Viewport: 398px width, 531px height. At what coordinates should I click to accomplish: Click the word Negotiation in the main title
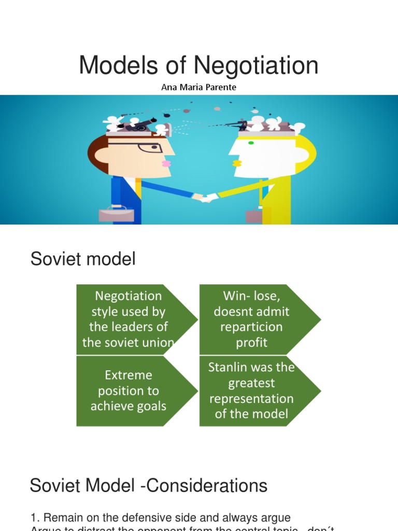point(256,66)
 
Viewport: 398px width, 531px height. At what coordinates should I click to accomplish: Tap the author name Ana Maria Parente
point(199,87)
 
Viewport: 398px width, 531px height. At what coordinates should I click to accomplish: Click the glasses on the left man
point(150,147)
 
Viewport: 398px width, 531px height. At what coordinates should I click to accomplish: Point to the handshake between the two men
point(204,198)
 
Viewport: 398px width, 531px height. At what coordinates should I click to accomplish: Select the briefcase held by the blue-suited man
point(112,214)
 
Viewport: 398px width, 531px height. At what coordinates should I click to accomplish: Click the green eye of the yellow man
point(251,143)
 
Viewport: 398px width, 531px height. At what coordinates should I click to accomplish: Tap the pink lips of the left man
point(166,163)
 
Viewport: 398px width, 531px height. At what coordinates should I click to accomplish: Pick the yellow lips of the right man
point(237,163)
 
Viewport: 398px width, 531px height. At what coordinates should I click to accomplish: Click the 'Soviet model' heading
point(83,259)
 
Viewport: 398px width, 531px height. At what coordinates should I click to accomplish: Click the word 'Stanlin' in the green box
point(228,368)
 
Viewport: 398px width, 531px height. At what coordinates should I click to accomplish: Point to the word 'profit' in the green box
point(252,342)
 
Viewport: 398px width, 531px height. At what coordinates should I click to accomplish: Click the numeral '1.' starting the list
point(35,518)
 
